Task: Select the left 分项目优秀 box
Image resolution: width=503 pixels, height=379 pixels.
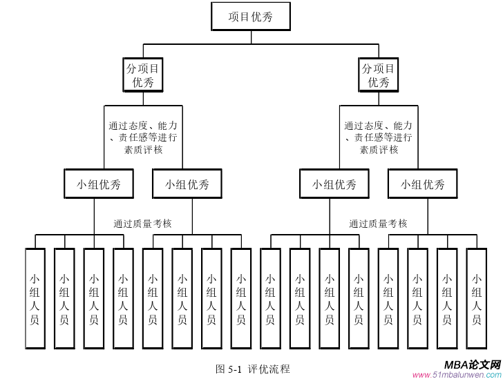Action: [x=143, y=75]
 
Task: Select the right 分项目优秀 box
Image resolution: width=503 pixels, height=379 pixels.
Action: [x=378, y=75]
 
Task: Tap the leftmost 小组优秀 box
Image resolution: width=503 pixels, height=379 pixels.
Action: [x=99, y=184]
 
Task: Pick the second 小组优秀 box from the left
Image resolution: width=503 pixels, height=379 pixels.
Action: [x=187, y=184]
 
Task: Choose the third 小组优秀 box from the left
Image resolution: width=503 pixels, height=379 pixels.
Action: [x=334, y=184]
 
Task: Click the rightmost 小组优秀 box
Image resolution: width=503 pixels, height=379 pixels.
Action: [x=423, y=184]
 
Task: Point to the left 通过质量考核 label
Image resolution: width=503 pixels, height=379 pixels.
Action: [x=142, y=224]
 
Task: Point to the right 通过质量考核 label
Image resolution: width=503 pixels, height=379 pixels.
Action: [x=378, y=224]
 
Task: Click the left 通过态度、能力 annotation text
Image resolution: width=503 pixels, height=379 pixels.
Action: [x=143, y=126]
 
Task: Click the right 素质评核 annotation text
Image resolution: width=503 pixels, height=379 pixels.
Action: [x=379, y=149]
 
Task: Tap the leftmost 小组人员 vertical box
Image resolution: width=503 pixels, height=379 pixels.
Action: [x=35, y=299]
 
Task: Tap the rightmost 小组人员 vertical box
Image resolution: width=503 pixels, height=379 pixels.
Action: [x=476, y=299]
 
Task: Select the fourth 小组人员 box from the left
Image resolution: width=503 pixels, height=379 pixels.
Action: [x=123, y=299]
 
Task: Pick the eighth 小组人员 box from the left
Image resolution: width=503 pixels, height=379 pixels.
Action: [x=240, y=299]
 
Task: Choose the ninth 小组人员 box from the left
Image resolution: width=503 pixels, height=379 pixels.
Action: [x=270, y=299]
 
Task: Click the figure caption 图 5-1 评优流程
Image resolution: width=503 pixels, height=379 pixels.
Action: [x=253, y=369]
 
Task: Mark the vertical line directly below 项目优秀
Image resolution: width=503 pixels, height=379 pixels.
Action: [x=251, y=38]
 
